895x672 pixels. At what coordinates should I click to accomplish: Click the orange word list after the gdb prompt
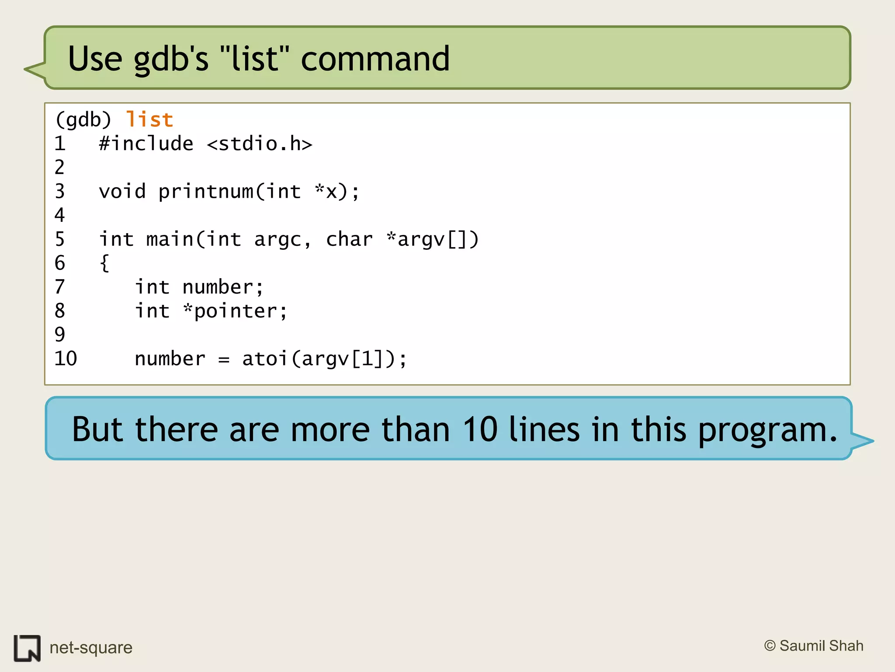point(149,119)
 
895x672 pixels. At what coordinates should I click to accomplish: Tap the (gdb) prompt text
point(83,119)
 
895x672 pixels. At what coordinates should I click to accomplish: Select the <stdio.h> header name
point(260,144)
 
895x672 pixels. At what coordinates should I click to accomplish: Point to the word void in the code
point(122,192)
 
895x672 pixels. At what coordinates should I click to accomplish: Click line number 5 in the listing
point(60,239)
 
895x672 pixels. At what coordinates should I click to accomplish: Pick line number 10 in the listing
point(66,359)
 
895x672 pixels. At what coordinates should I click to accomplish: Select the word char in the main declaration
point(349,239)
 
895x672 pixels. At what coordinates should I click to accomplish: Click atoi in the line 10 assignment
point(265,359)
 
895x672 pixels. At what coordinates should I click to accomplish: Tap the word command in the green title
point(375,59)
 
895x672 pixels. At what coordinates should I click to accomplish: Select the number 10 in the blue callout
point(480,429)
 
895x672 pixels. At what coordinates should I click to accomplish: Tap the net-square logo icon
point(27,648)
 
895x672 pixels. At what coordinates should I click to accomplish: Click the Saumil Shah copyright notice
point(814,646)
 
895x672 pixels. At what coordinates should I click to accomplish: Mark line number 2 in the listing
point(60,168)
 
